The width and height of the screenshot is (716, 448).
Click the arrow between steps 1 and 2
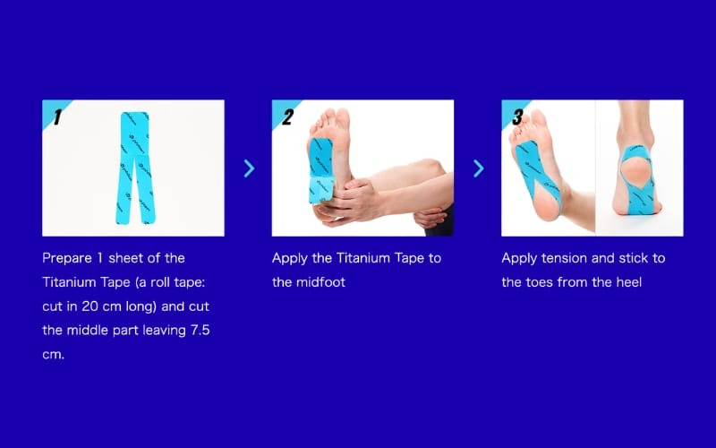click(249, 168)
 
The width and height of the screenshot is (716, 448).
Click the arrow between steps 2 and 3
click(479, 168)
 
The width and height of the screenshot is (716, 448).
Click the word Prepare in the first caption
click(67, 258)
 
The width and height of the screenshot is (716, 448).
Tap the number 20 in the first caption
click(90, 306)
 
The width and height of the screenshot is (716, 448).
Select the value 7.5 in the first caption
click(200, 330)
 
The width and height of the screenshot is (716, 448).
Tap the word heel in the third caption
click(629, 282)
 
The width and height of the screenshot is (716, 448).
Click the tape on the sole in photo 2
click(321, 170)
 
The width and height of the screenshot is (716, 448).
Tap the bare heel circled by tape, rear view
click(636, 171)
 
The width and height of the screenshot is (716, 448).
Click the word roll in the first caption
click(158, 282)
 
